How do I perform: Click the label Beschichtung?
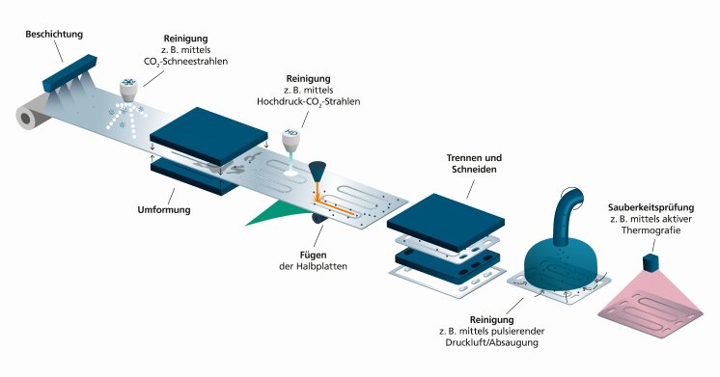[54, 35]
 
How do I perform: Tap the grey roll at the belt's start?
[30, 118]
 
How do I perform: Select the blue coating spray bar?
[65, 65]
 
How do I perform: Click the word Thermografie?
[660, 232]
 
